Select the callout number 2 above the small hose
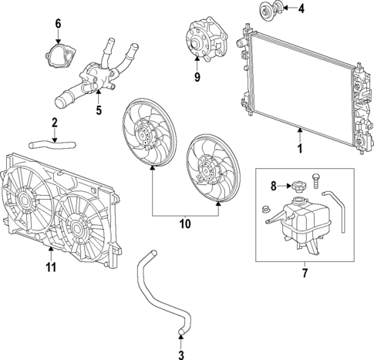tap(55, 122)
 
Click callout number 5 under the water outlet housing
tap(98, 109)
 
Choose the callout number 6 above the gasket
tap(57, 24)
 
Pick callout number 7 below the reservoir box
tap(304, 271)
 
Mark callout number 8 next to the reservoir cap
tap(272, 185)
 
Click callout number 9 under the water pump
tap(197, 76)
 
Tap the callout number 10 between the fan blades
tap(184, 224)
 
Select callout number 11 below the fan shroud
tap(50, 267)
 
